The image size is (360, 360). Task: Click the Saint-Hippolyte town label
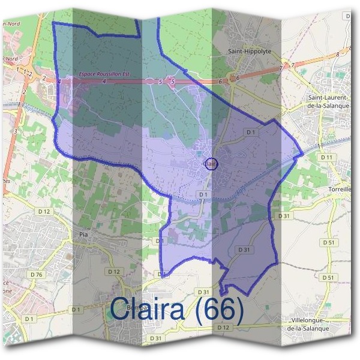250,52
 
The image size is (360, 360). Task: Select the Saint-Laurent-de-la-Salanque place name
330,101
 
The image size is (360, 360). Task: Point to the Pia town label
83,228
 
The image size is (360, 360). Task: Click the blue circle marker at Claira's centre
211,163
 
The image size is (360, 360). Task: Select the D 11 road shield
327,157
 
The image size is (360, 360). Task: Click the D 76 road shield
36,275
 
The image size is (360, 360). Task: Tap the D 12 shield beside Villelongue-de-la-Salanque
223,327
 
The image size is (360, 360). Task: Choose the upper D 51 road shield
328,242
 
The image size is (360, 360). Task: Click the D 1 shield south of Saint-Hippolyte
250,132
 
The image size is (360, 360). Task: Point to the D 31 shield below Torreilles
284,215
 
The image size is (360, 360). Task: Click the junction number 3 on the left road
14,130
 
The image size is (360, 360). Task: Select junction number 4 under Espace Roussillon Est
104,81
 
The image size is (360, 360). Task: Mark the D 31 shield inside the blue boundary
244,249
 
